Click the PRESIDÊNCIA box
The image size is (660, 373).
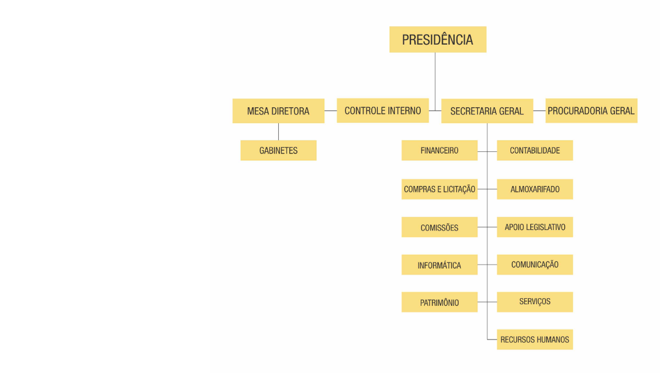click(x=438, y=40)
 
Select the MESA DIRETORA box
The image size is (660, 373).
click(x=278, y=111)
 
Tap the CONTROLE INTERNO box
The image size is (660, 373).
click(x=383, y=111)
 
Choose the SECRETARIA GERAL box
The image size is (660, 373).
click(x=487, y=111)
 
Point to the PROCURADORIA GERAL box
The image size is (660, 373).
click(x=591, y=111)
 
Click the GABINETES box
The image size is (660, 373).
click(x=278, y=150)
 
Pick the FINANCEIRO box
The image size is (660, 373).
click(x=439, y=150)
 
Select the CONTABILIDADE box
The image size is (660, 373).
click(x=535, y=150)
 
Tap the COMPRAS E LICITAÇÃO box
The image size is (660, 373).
click(x=439, y=189)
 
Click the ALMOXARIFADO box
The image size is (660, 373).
click(x=535, y=189)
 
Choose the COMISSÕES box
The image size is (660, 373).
click(x=439, y=227)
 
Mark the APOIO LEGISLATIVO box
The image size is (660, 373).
click(x=535, y=227)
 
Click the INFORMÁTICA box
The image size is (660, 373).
click(x=439, y=265)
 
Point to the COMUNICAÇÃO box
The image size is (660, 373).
click(x=535, y=265)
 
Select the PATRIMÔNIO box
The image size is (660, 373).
click(x=439, y=303)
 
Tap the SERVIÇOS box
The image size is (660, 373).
click(x=535, y=302)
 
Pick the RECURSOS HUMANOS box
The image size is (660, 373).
click(x=535, y=339)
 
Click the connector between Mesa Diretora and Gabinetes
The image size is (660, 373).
click(x=278, y=131)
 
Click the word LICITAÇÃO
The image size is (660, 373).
click(x=456, y=189)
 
